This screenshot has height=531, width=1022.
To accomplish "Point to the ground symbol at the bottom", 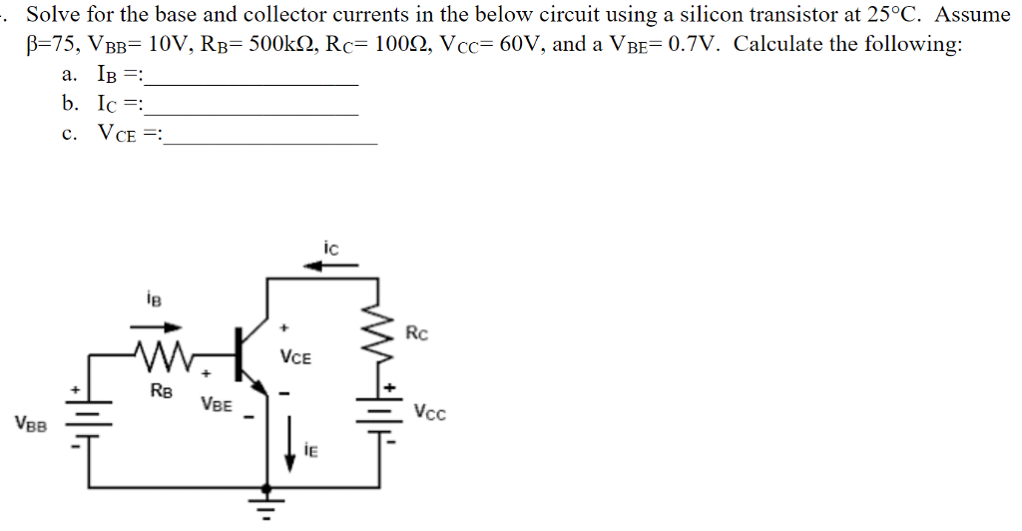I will [265, 500].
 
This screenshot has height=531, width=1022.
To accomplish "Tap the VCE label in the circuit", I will [295, 356].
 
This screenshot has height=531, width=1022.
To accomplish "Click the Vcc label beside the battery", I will [429, 412].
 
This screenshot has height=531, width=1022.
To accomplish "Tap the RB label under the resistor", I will [161, 391].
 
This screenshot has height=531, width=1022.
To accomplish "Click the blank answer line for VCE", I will [271, 144].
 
